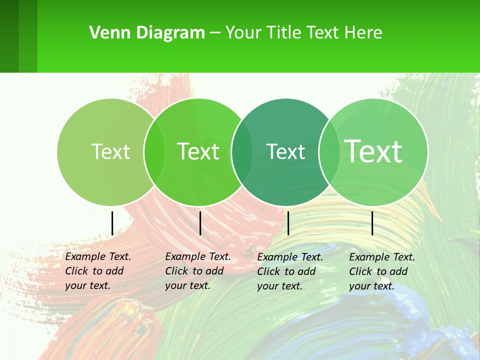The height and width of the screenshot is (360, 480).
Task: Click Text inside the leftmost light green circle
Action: coord(110,151)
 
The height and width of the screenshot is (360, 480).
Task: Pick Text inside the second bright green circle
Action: coord(198,151)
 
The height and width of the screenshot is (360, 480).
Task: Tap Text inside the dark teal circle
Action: coord(285,151)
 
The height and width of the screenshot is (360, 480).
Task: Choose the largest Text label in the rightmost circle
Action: coord(373,151)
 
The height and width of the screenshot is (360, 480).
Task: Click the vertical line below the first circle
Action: coord(112,223)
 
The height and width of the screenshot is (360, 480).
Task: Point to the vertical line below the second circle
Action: coord(200,223)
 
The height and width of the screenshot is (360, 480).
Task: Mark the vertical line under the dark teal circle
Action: coord(288,223)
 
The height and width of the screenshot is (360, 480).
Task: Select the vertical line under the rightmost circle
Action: coord(372,223)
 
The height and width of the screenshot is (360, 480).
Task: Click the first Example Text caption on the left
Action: coord(98,271)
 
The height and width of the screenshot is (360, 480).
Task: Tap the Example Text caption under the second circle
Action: coord(198,271)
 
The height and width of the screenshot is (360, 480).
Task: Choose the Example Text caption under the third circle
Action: coord(290,271)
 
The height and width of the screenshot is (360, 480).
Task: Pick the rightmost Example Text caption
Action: coord(382,271)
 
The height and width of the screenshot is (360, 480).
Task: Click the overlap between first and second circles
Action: coord(154,151)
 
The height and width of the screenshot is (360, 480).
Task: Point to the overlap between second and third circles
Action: coord(242,151)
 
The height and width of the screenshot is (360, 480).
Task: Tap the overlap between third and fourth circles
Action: coord(329,151)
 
